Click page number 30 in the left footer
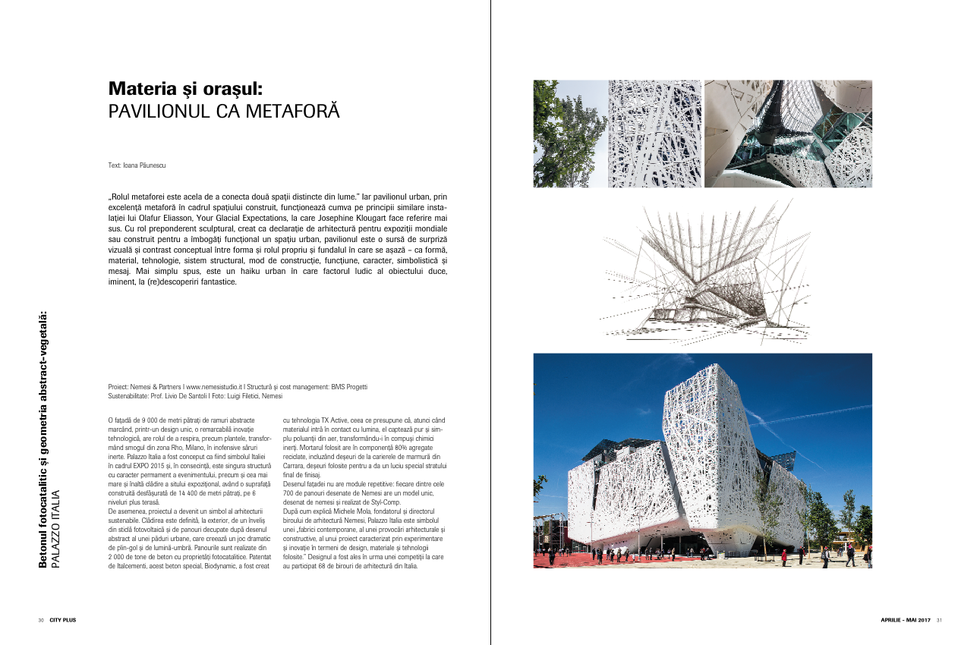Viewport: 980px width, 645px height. pos(40,620)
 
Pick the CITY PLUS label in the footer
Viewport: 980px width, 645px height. pos(63,620)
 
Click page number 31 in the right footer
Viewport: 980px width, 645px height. pos(939,620)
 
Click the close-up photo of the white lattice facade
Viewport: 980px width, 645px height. pos(654,134)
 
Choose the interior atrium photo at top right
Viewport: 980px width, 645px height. pos(788,134)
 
